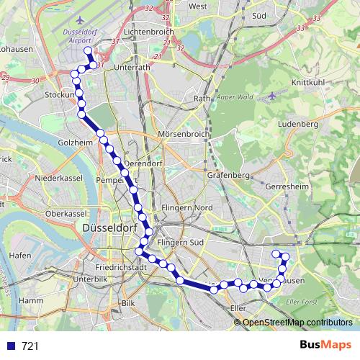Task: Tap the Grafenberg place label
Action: click(227, 174)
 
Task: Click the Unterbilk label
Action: click(89, 279)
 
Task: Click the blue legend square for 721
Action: click(11, 346)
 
